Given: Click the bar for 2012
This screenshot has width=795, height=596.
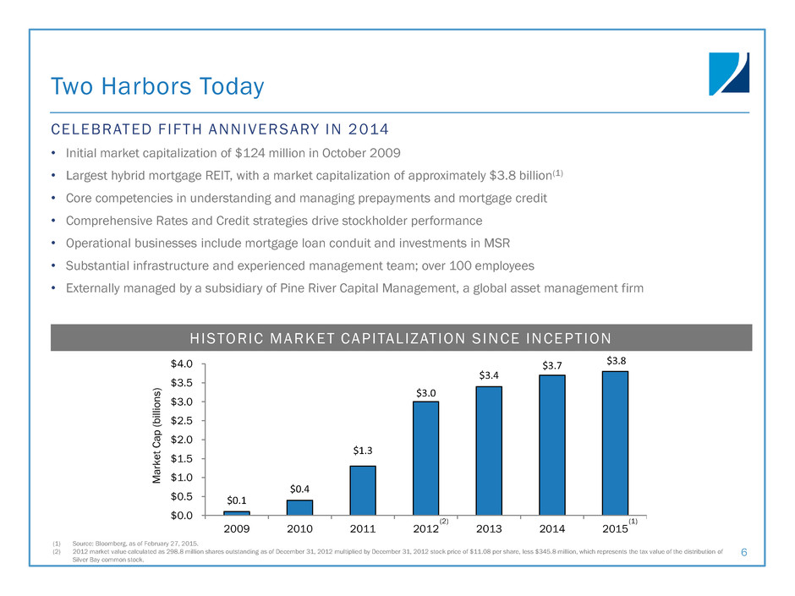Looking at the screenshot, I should (x=425, y=457).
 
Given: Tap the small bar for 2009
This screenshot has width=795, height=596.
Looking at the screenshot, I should (x=237, y=512).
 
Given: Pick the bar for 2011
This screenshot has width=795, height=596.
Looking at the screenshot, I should (x=363, y=489).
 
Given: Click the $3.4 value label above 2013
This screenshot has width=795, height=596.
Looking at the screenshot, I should (x=489, y=374).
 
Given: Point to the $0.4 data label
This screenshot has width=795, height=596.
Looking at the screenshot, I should (x=300, y=489).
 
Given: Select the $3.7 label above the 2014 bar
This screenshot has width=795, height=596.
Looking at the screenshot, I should (x=552, y=364).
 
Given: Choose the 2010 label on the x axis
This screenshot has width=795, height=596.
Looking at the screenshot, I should (x=300, y=529).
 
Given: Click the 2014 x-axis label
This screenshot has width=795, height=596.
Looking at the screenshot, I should (x=552, y=529).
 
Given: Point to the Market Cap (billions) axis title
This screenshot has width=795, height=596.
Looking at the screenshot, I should (x=156, y=439).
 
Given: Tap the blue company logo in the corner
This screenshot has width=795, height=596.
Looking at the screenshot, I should (x=728, y=74).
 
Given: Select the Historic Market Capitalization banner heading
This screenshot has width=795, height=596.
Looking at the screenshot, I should (x=401, y=339).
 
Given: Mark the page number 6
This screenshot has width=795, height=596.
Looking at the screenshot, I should (x=744, y=552).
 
